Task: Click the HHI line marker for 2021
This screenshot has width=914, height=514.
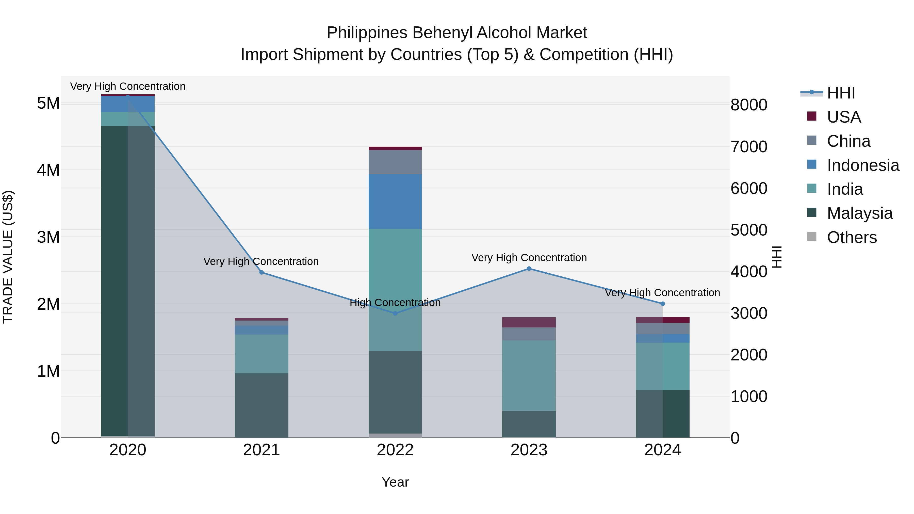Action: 262,272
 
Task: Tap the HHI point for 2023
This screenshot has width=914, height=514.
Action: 529,269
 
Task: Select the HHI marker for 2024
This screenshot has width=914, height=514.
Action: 662,304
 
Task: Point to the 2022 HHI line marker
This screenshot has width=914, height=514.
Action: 395,313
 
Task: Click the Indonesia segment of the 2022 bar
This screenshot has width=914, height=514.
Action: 395,202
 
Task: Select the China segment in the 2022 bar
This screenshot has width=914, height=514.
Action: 395,162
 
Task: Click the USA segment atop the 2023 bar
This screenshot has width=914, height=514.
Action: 529,322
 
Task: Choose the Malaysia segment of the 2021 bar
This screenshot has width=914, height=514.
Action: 262,405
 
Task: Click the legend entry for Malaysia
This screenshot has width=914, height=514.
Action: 859,213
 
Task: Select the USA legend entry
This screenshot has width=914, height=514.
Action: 844,117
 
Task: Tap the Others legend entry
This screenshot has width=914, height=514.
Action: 852,237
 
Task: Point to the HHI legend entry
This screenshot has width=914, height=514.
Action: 841,93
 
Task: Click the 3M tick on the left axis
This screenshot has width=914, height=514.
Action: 48,237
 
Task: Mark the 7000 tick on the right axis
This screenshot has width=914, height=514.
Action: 749,146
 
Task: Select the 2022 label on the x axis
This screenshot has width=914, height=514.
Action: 395,450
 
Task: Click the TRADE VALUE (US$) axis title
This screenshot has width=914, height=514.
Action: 8,257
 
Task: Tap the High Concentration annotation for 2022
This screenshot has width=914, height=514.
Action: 395,303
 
